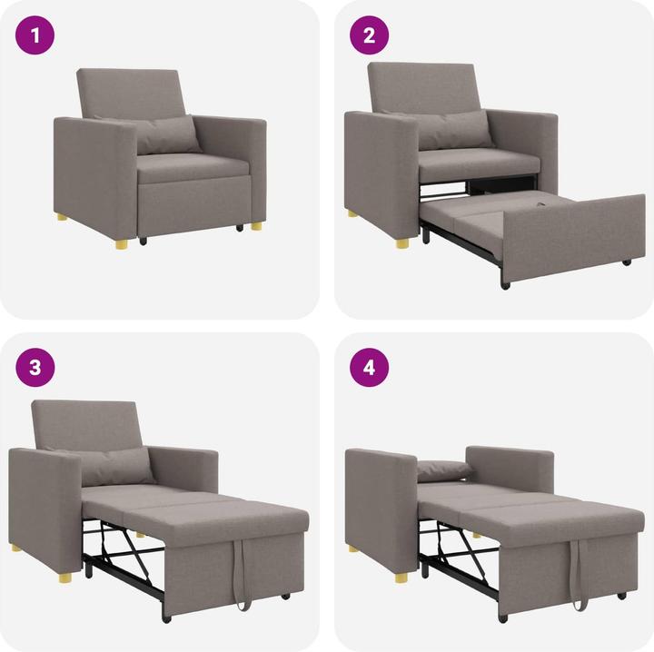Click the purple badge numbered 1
click(x=35, y=35)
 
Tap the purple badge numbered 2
click(x=370, y=35)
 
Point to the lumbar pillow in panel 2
click(x=454, y=129)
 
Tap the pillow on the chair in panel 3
click(x=116, y=465)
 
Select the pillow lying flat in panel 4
click(x=443, y=469)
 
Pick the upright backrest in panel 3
click(x=87, y=424)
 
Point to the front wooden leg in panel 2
click(x=401, y=242)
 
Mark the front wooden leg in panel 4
click(x=401, y=576)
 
